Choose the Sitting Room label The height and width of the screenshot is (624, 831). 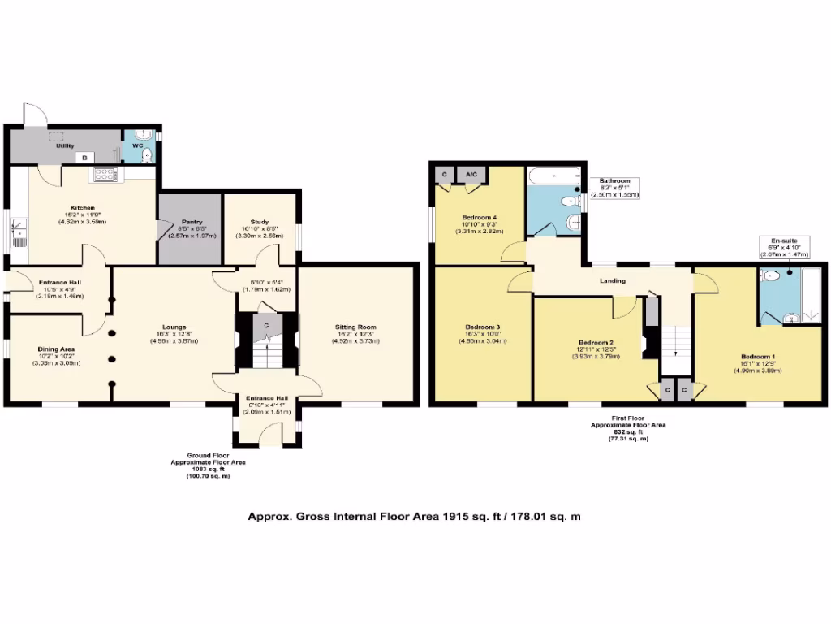(x=356, y=327)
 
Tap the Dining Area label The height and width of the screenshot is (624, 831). (x=55, y=349)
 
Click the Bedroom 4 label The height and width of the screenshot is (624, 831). (x=479, y=218)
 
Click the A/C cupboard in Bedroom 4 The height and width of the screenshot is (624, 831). (x=471, y=174)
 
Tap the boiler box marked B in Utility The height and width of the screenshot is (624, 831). (x=84, y=157)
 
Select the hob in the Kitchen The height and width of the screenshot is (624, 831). (x=106, y=173)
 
